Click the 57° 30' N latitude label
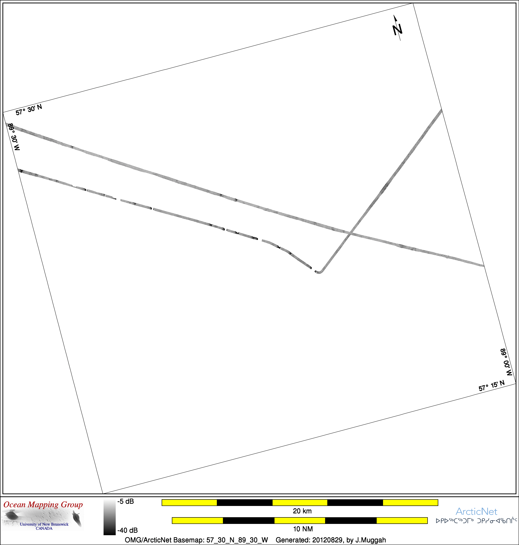pyautogui.click(x=29, y=110)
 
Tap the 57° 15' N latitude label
pyautogui.click(x=492, y=385)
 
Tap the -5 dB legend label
pyautogui.click(x=126, y=501)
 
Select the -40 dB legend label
pyautogui.click(x=128, y=530)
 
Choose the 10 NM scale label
pyautogui.click(x=303, y=529)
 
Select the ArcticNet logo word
pyautogui.click(x=476, y=512)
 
